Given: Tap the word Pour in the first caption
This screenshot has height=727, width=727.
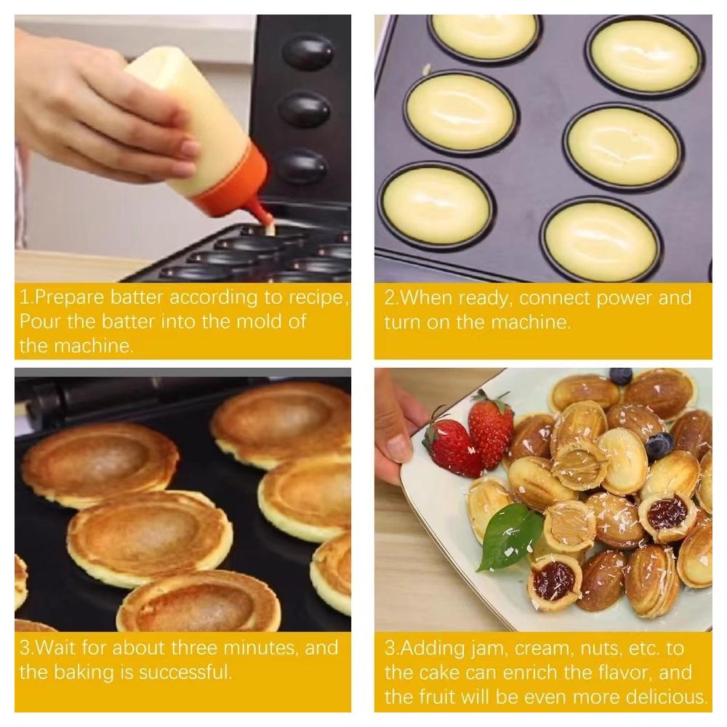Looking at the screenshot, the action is [x=40, y=321].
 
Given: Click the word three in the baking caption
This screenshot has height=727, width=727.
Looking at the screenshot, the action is [x=194, y=648].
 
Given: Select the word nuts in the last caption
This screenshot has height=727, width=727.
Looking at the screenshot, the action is [x=603, y=648].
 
